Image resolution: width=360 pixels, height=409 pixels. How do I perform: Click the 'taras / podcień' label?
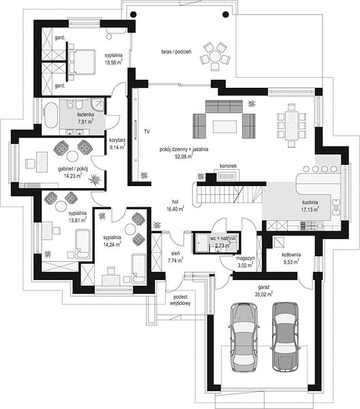[x=176, y=52]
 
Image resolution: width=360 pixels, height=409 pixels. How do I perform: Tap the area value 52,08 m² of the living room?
[x=183, y=157]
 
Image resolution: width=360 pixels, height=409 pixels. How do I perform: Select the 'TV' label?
[x=147, y=132]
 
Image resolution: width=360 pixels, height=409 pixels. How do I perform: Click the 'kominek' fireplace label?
[x=228, y=166]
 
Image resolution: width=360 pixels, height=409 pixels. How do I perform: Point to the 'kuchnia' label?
[x=310, y=202]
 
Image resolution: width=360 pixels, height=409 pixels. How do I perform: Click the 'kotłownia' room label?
[x=291, y=254]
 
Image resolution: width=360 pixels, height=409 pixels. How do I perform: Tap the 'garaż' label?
[x=263, y=287]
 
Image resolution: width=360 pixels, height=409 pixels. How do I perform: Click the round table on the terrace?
[x=215, y=57]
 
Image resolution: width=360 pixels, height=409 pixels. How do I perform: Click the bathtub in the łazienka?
[x=50, y=115]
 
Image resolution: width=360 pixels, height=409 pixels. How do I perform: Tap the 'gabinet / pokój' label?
[x=73, y=169]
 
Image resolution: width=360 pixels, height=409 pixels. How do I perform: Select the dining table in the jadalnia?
[x=292, y=125]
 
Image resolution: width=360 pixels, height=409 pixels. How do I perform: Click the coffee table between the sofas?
[x=225, y=127]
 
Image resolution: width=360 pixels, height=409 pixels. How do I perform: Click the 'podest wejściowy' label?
[x=180, y=300]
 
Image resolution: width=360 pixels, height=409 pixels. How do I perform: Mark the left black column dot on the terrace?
[x=133, y=14]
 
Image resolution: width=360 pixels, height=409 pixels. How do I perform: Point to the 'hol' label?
[x=175, y=202]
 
